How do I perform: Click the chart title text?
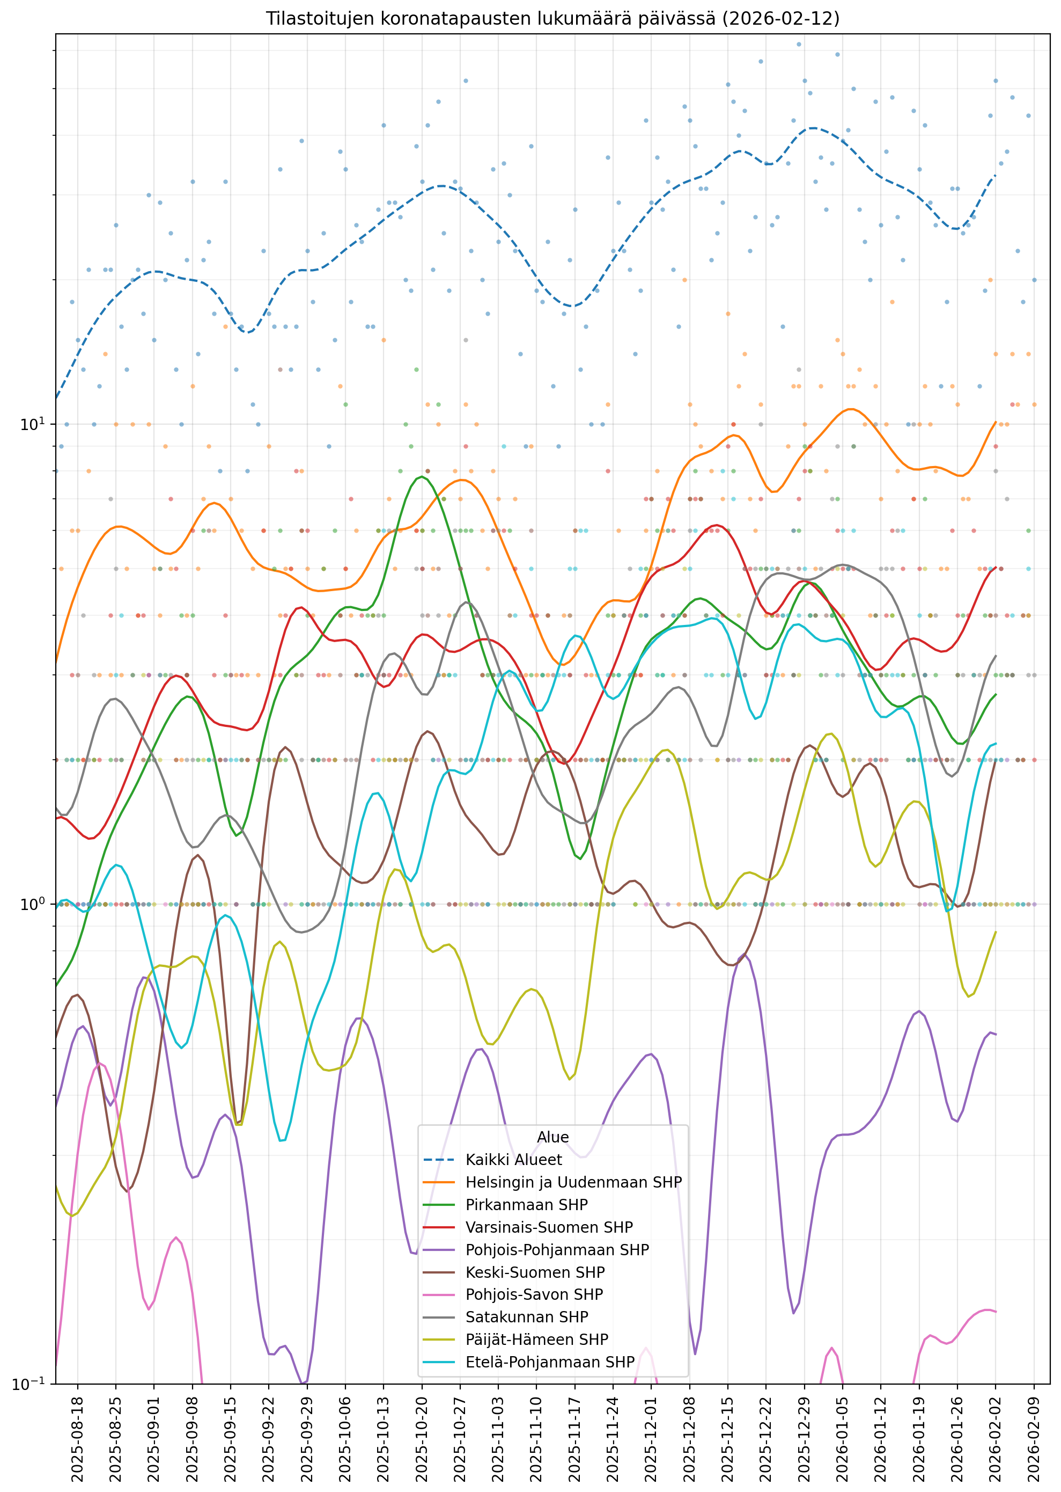point(552,19)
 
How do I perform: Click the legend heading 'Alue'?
point(552,1137)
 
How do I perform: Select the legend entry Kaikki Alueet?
point(513,1160)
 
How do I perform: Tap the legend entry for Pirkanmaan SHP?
point(527,1205)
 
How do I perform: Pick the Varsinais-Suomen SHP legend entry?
point(549,1227)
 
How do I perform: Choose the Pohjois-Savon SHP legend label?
point(534,1294)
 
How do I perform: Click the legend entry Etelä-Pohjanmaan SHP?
point(549,1362)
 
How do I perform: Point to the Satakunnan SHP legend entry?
point(527,1317)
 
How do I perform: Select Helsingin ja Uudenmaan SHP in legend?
point(573,1182)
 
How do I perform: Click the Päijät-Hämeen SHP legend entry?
point(536,1340)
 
